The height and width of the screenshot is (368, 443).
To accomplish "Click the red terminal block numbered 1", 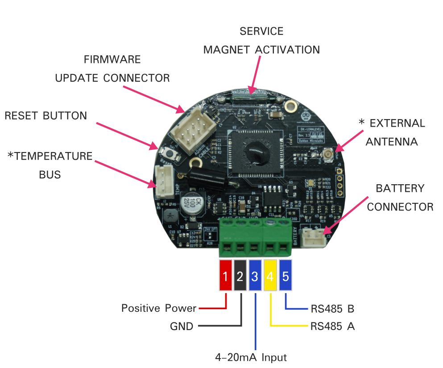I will click(x=225, y=276).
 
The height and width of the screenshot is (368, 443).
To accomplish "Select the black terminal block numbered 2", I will click(x=240, y=276).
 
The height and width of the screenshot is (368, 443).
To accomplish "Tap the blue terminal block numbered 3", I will click(x=255, y=276).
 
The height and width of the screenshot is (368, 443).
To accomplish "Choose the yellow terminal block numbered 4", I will click(x=270, y=276).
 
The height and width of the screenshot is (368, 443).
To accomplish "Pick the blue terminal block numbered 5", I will click(x=285, y=276).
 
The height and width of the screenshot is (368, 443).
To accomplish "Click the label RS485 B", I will click(x=332, y=308).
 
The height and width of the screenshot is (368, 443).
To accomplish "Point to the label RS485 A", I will click(x=332, y=326).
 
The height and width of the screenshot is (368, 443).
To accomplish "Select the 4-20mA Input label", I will click(x=251, y=357).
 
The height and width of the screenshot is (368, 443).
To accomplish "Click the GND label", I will click(x=182, y=327).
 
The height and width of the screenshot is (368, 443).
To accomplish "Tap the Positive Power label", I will click(x=159, y=308).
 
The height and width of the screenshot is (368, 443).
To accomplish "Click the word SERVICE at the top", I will click(x=261, y=31).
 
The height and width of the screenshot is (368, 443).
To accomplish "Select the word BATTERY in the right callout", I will click(x=400, y=188).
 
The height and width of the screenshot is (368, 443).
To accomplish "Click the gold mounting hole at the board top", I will click(x=291, y=106).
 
